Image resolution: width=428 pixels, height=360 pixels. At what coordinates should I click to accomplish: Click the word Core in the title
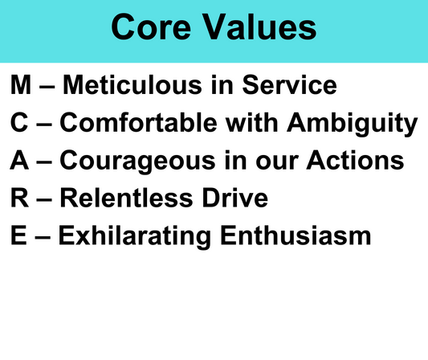(151, 27)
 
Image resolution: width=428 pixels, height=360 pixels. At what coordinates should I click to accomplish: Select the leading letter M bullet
(21, 85)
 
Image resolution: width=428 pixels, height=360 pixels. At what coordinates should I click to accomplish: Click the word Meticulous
(132, 85)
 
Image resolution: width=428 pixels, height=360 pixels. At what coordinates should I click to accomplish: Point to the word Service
(289, 85)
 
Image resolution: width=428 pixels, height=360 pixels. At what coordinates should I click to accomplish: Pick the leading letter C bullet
(19, 123)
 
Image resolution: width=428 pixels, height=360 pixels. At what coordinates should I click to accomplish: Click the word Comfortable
(139, 122)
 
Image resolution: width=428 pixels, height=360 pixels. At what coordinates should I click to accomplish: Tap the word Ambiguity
(353, 125)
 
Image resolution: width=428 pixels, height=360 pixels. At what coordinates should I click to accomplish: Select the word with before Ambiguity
(251, 122)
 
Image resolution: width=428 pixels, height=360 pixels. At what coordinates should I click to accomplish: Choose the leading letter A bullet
(19, 160)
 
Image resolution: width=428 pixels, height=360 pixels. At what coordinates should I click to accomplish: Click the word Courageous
(138, 162)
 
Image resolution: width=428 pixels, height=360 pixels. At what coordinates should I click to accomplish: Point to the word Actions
(355, 160)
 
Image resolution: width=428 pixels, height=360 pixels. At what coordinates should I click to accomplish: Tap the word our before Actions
(277, 163)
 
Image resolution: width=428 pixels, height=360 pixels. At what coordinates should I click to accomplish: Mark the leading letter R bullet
(19, 198)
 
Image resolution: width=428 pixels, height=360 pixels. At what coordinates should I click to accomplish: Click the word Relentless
(127, 198)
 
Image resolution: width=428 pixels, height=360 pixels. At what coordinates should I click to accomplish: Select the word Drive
(235, 198)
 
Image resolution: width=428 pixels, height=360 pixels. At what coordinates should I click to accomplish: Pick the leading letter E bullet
(18, 235)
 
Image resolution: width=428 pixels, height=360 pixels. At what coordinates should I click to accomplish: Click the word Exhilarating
(135, 237)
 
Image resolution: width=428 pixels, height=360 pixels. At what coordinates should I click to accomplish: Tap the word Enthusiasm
(296, 235)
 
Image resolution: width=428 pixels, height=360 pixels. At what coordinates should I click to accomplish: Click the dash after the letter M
(47, 87)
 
